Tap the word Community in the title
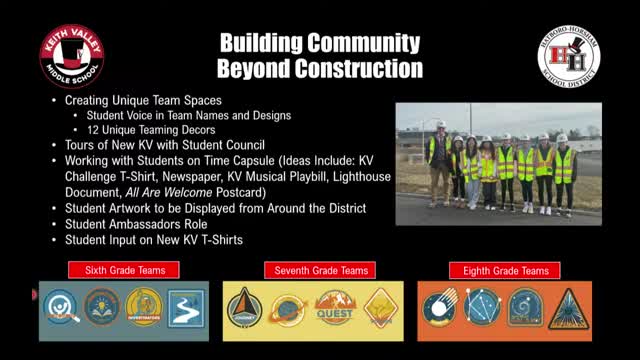[349, 43]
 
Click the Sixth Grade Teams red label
[124, 270]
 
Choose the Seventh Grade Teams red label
[314, 270]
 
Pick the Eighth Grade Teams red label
[505, 270]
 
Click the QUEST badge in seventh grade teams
[336, 308]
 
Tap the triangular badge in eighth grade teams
[567, 309]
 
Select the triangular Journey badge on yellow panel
[243, 309]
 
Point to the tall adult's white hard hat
[440, 125]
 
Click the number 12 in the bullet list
[92, 130]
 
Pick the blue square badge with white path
[185, 309]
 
